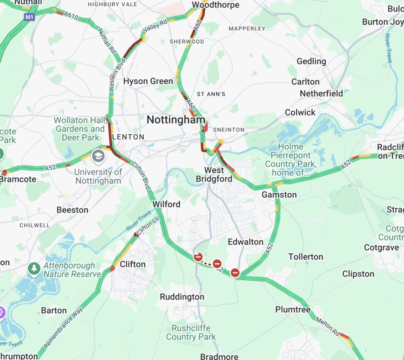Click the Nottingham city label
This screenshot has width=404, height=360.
[x=176, y=120]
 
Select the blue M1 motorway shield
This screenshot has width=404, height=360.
[x=29, y=17]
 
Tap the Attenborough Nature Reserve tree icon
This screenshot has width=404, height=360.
[x=34, y=268]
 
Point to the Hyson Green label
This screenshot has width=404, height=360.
[x=148, y=81]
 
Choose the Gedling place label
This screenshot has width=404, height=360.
[x=311, y=61]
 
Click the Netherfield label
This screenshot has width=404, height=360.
[x=321, y=94]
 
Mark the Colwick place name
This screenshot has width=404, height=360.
[x=300, y=112]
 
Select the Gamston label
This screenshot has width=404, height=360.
[x=279, y=195]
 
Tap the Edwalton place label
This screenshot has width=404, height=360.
[x=245, y=242]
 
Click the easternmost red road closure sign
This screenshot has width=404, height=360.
[x=236, y=272]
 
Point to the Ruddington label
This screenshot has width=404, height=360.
[x=182, y=297]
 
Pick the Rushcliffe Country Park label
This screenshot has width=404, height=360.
[x=191, y=332]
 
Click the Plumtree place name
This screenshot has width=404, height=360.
[x=293, y=309]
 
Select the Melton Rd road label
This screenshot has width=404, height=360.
[x=327, y=326]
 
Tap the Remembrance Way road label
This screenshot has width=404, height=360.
[x=63, y=328]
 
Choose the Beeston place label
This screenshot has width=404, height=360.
[x=72, y=210]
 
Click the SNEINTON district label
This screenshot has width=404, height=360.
[x=228, y=129]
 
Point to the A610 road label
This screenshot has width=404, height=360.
[x=71, y=15]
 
